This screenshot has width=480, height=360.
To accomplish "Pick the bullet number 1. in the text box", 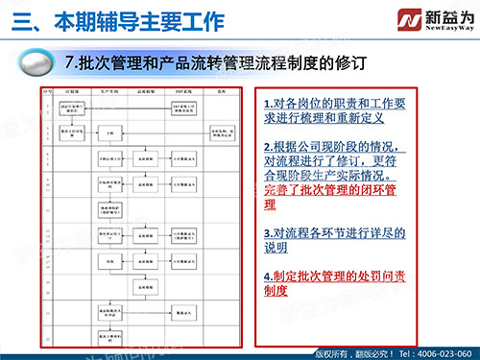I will click(x=268, y=102).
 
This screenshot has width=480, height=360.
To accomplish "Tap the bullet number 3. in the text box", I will click(x=268, y=232).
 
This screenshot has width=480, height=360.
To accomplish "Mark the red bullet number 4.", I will click(x=268, y=276).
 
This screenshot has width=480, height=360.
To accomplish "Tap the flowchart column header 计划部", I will click(x=74, y=94).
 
